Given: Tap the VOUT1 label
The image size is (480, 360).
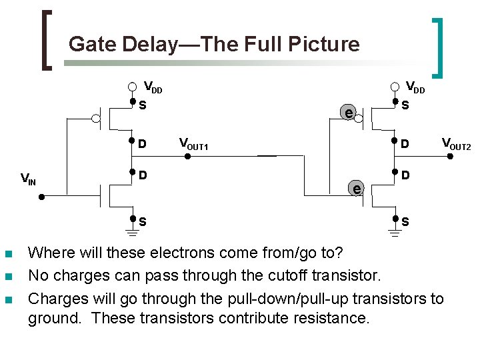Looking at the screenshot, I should (194, 143).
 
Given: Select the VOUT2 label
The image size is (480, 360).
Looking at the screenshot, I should (456, 143).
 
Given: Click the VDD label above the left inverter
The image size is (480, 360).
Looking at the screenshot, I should (153, 87).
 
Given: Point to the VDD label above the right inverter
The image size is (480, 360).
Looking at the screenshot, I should (415, 87).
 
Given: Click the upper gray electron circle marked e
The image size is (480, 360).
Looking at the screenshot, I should (347, 112).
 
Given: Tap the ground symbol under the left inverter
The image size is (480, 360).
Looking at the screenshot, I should (133, 232).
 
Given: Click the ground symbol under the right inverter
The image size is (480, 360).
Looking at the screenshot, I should (395, 232).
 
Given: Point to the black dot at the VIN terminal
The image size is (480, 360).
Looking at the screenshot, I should (41, 197).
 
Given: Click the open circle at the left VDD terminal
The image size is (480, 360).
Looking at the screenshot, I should (133, 86).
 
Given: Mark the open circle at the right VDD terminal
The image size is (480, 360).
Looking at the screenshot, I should (395, 86).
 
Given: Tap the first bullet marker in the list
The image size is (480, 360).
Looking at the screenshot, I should (8, 254).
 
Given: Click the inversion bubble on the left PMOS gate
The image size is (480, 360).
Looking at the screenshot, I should (97, 119).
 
